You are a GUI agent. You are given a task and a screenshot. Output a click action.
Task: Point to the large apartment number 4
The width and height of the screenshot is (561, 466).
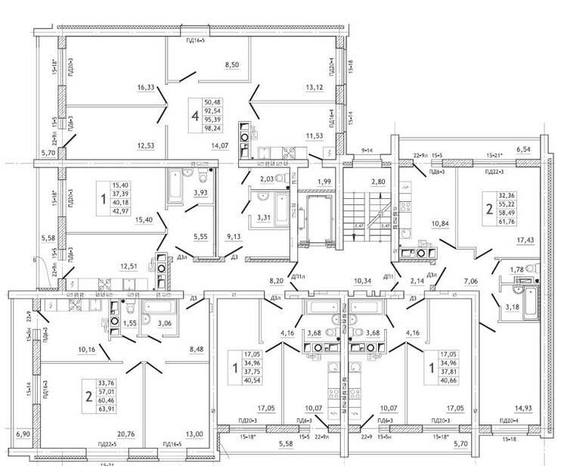(195, 116)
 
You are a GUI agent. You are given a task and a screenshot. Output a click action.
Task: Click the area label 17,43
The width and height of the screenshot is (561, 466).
(524, 240)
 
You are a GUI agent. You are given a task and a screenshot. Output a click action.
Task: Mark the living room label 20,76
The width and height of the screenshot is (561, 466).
(126, 433)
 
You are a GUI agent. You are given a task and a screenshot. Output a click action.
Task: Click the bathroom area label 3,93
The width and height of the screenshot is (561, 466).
(200, 193)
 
